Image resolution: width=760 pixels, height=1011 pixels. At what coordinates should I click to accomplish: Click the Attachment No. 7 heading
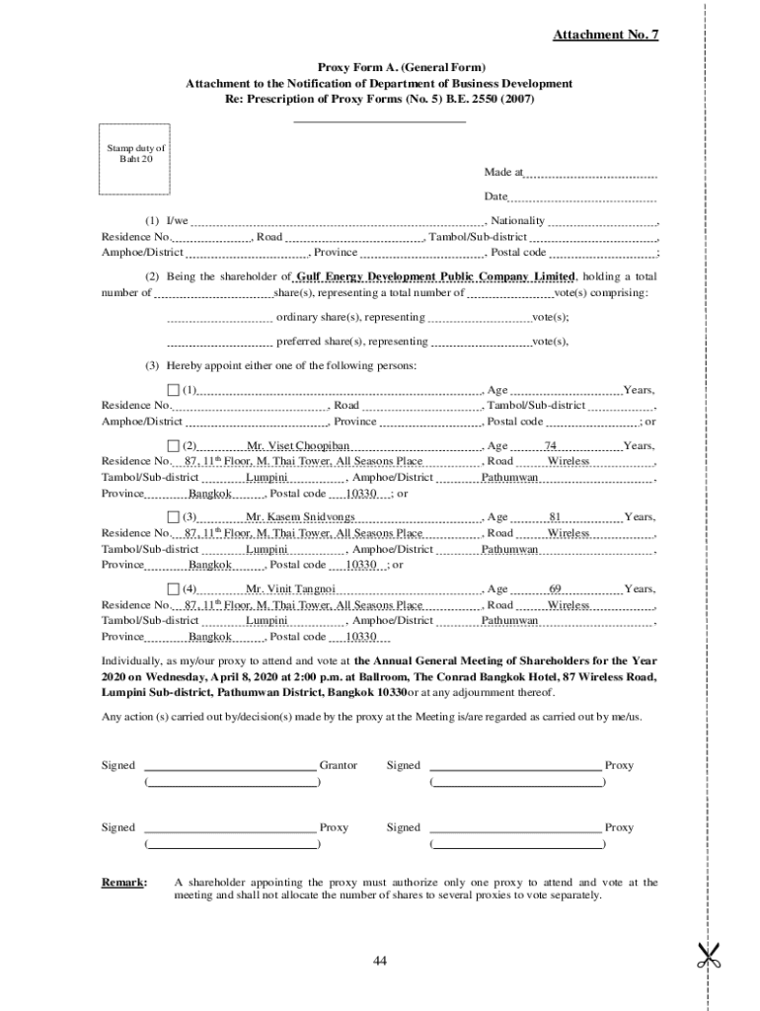605,36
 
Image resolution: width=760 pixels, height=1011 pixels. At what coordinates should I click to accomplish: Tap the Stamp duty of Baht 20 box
136,159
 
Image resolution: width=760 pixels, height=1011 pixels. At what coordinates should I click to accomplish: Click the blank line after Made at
590,174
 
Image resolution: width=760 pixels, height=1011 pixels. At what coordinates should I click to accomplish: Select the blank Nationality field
602,221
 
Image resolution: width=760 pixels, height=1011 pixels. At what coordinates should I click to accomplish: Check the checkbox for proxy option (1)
174,390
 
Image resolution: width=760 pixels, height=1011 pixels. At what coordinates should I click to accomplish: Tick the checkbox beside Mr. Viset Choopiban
174,445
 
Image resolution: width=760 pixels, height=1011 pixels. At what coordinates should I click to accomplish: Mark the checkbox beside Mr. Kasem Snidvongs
174,516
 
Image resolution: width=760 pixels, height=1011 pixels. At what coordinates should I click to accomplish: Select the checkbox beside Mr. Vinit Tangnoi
174,588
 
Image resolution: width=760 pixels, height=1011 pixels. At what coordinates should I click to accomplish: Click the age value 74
551,446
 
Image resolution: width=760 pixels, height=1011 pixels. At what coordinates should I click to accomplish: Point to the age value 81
555,517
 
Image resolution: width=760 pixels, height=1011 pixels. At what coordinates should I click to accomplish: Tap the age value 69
555,589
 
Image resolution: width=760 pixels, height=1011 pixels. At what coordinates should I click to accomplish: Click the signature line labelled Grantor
231,765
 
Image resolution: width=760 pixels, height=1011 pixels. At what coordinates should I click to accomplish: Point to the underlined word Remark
124,882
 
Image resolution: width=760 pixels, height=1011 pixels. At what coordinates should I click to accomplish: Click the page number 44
380,962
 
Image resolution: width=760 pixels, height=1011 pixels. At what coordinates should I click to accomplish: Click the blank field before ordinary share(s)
219,318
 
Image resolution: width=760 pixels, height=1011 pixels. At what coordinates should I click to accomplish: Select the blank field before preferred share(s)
219,342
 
